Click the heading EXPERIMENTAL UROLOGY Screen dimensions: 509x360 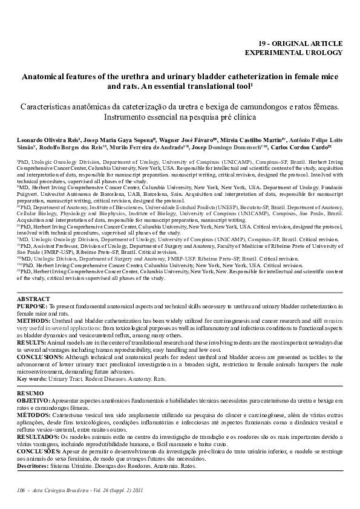[x=293, y=53]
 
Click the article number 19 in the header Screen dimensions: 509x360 [x=263, y=44]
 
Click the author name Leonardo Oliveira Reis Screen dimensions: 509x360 [x=44, y=139]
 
